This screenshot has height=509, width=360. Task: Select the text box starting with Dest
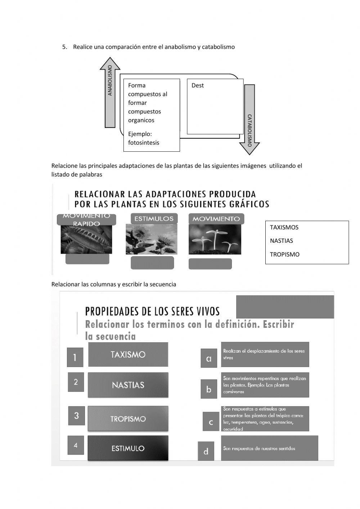[215, 106]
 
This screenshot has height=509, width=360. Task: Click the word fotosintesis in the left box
[144, 143]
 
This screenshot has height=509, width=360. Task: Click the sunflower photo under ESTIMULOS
[152, 239]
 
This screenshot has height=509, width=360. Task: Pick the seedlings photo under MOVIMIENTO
[215, 240]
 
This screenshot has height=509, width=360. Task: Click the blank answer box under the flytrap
[87, 259]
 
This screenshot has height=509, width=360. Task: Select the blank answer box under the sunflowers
[152, 263]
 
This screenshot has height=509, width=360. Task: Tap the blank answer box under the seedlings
[210, 264]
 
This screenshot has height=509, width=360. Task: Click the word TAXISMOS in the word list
[284, 227]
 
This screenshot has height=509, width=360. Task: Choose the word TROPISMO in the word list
[284, 254]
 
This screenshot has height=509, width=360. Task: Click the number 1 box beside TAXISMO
[75, 357]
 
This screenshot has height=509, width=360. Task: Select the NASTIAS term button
[128, 385]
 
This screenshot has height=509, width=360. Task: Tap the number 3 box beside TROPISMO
[76, 416]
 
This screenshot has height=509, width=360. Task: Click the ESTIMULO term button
[128, 448]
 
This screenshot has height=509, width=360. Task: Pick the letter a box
[209, 358]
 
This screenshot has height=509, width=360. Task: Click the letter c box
[211, 422]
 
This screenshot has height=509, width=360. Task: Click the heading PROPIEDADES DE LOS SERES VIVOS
[152, 311]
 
